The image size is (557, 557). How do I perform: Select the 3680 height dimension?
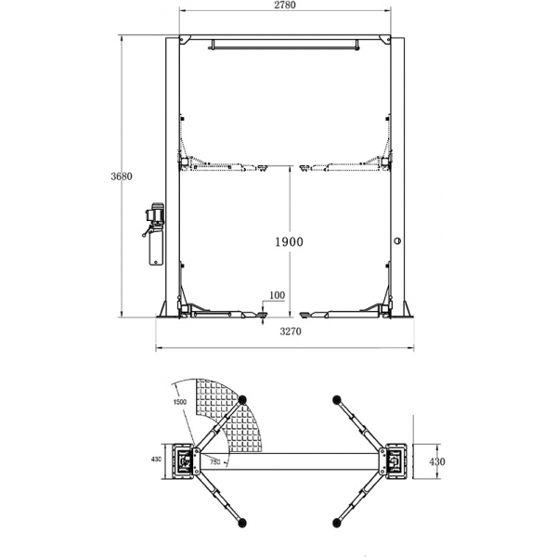point(115,176)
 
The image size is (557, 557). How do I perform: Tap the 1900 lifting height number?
point(290,240)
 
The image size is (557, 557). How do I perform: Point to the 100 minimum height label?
point(277,296)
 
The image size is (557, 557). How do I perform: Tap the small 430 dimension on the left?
point(156,459)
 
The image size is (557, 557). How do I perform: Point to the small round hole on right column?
point(397,240)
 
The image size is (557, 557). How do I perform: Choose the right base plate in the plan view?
point(394,461)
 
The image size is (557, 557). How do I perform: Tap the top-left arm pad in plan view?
point(243,399)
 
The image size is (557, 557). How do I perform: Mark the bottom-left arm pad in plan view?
point(242,523)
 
